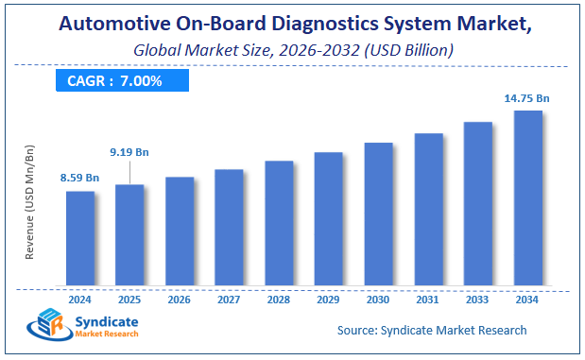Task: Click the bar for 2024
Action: pyautogui.click(x=80, y=238)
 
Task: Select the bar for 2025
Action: pyautogui.click(x=129, y=234)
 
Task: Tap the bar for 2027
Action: pyautogui.click(x=229, y=227)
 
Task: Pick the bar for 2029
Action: pyautogui.click(x=328, y=218)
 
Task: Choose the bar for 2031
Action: pyautogui.click(x=428, y=209)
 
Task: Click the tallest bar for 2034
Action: pyautogui.click(x=527, y=197)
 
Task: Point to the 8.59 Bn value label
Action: pyautogui.click(x=79, y=178)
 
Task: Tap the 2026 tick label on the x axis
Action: pyautogui.click(x=180, y=300)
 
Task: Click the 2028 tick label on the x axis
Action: pyautogui.click(x=279, y=300)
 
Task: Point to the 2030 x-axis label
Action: pyautogui.click(x=378, y=300)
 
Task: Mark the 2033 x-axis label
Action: pyautogui.click(x=477, y=300)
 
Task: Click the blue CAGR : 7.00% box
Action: pyautogui.click(x=114, y=81)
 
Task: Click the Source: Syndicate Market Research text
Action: pyautogui.click(x=432, y=330)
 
